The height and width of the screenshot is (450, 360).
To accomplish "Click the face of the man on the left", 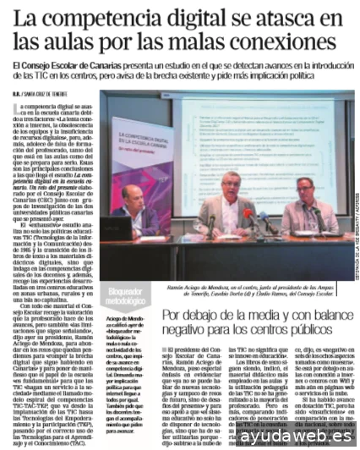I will (135, 196).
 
